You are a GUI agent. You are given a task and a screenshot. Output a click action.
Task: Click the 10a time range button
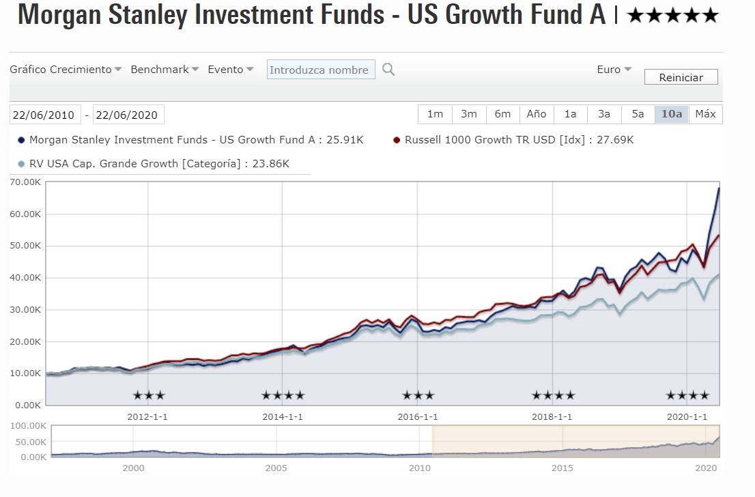[x=672, y=114]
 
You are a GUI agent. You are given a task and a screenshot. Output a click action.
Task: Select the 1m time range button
[x=435, y=114]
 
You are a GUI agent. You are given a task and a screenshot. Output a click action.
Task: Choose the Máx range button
[x=705, y=114]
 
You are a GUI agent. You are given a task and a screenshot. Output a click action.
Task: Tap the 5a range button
[x=638, y=114]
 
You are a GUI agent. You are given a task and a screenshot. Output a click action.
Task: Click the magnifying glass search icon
[x=388, y=70]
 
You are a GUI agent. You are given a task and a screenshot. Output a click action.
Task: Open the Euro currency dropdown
[x=614, y=70]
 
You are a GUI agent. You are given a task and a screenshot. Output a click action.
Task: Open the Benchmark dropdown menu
[x=165, y=70]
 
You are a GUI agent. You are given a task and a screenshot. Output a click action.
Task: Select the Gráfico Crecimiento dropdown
[x=66, y=70]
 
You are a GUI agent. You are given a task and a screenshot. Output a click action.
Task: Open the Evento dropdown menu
[x=231, y=70]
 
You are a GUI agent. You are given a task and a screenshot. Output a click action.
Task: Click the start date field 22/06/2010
[x=45, y=115]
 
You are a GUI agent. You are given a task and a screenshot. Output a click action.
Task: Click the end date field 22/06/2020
[x=128, y=115]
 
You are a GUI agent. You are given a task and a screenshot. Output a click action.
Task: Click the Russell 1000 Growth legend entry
[x=518, y=140]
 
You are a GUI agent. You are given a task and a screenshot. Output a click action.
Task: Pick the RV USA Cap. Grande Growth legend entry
[x=158, y=164]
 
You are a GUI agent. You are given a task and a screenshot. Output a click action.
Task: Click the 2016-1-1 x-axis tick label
[x=417, y=416]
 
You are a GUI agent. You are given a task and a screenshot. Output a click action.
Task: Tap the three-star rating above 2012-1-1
[x=148, y=395]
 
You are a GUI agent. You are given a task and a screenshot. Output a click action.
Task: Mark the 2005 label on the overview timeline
[x=276, y=468]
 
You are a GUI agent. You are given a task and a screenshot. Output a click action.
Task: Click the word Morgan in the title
[x=63, y=15]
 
